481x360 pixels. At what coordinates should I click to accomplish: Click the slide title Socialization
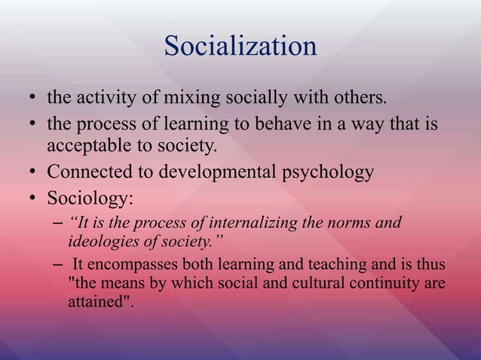click(240, 47)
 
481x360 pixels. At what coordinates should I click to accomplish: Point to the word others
click(357, 98)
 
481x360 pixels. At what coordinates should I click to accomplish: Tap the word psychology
click(330, 172)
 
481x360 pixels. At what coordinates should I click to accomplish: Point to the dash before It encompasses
click(58, 265)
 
